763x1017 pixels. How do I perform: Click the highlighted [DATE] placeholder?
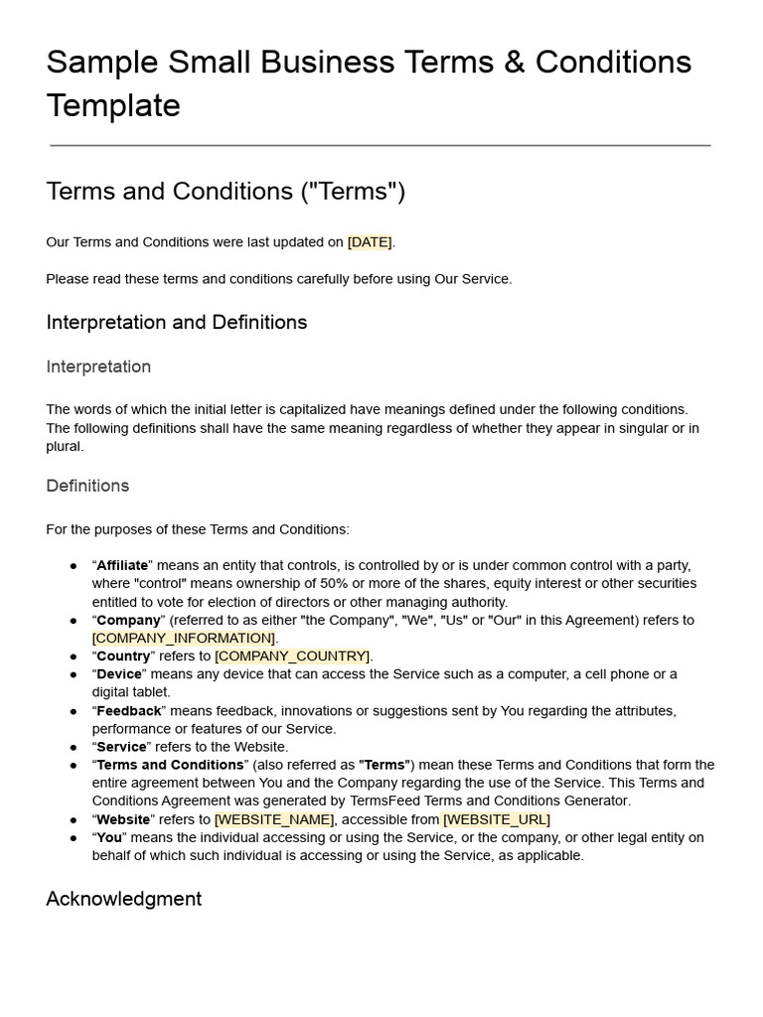point(370,242)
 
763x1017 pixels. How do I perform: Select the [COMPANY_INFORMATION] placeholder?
point(184,638)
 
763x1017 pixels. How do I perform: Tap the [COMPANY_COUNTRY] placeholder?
point(292,656)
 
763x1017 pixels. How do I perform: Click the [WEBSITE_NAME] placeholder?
point(274,819)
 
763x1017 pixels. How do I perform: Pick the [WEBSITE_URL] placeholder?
point(496,819)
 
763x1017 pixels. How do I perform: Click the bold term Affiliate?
point(122,565)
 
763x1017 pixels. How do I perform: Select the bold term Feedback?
point(129,711)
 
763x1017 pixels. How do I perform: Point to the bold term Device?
point(119,674)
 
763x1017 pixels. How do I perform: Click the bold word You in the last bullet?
point(109,837)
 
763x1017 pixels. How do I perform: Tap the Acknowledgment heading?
point(123,899)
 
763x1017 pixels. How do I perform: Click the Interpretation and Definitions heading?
point(176,323)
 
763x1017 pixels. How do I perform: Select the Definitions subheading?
point(87,486)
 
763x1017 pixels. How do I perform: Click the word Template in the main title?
point(113,105)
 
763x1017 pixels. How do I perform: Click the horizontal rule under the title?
point(381,146)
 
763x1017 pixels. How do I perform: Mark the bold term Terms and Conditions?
point(170,765)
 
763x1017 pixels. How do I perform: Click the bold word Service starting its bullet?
point(121,747)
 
